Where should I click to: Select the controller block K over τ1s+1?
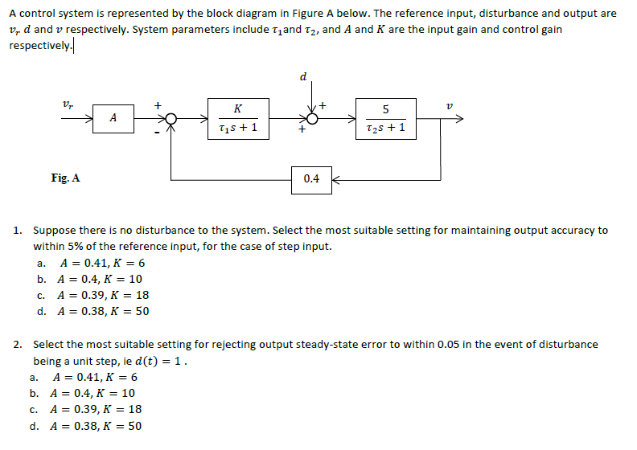pos(237,118)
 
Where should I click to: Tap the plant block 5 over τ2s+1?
pos(385,118)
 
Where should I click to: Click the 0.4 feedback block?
pos(311,178)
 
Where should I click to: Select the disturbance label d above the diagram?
pos(302,77)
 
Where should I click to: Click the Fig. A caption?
pos(65,178)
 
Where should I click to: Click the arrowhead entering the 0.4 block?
pos(335,178)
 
